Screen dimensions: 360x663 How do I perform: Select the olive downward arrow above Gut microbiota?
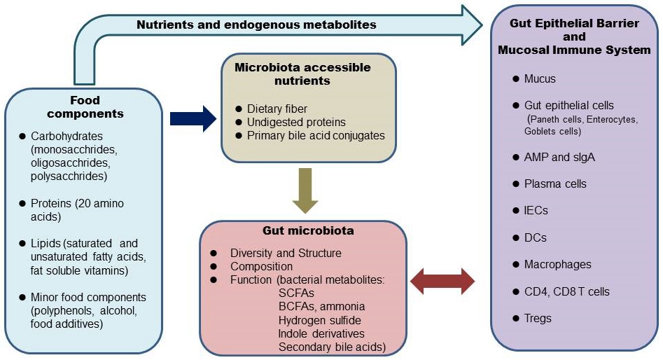(305, 191)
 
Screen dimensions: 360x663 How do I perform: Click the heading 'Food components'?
(95, 106)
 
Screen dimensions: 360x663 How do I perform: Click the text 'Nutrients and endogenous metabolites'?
(256, 25)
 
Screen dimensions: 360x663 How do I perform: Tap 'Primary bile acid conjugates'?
(316, 135)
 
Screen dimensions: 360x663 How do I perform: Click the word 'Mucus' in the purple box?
(540, 78)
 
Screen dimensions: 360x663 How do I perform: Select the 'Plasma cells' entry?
(555, 184)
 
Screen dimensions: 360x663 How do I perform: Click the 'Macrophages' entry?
(557, 264)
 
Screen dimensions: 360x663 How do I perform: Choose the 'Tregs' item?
(538, 318)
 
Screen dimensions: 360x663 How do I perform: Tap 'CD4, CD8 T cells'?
(566, 291)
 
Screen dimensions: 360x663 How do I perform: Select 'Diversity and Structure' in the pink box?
(286, 253)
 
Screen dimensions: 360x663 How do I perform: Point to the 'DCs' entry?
(536, 237)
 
